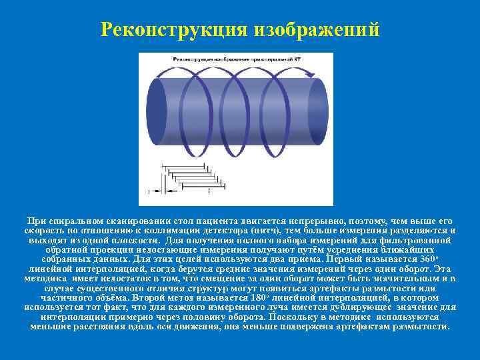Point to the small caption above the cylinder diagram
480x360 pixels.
point(241,59)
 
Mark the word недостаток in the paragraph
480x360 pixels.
point(119,278)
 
